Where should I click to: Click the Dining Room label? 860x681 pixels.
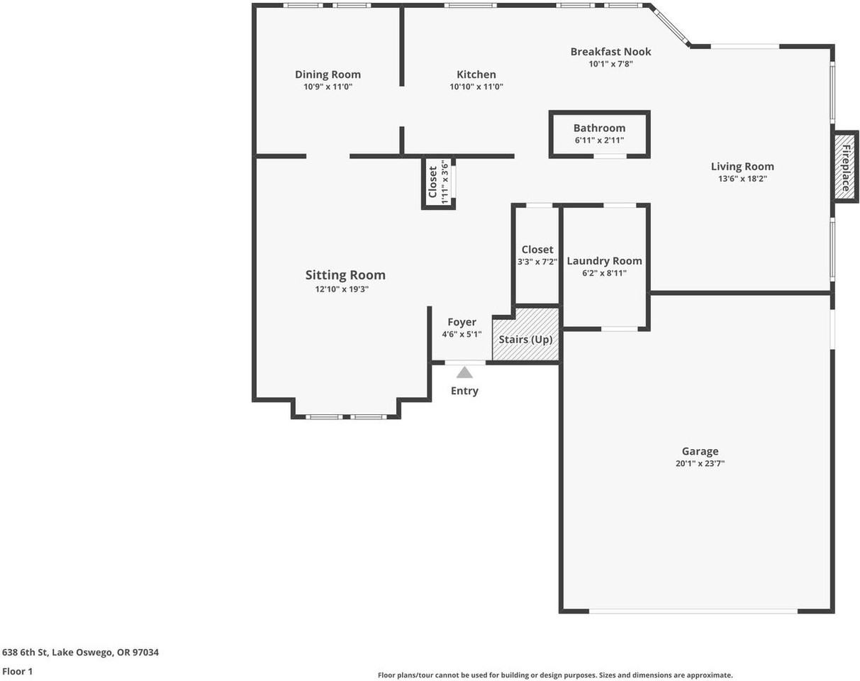pos(328,74)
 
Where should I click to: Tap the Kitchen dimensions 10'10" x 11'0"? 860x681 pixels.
pos(476,87)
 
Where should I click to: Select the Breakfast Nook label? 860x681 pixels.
pos(610,51)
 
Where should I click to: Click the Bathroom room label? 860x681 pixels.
pos(599,128)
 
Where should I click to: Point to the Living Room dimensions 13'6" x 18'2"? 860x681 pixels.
pos(742,179)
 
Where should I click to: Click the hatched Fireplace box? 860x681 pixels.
pos(845,168)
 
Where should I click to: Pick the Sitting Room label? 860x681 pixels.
pos(345,275)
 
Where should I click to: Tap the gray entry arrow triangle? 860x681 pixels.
pos(464,372)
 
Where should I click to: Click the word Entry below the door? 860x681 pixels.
pos(464,391)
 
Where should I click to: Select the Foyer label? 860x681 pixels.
pos(462,322)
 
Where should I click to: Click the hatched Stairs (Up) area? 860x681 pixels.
pos(525,336)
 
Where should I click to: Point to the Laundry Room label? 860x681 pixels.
pos(604,261)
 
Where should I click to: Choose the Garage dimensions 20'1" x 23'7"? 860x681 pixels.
pos(700,463)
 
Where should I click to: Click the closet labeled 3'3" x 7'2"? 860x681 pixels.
pos(537,255)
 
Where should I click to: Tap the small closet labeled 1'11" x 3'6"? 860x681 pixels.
pos(439,182)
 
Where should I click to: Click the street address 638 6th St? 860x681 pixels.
pos(80,652)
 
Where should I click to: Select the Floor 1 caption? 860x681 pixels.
pos(17,670)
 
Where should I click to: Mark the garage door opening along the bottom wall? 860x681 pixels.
pos(693,610)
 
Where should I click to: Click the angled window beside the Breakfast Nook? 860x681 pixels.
pos(670,26)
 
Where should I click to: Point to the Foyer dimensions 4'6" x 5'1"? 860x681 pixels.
pos(462,334)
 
